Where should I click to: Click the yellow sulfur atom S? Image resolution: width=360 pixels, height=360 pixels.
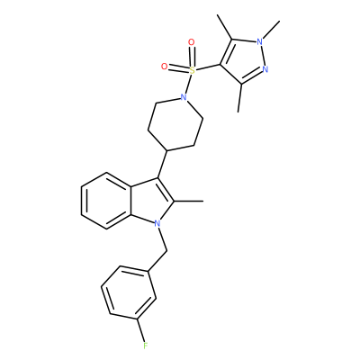coord(193,70)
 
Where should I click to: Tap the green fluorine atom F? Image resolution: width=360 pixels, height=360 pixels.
coord(146,346)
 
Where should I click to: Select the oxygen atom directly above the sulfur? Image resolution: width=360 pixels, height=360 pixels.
coord(191,42)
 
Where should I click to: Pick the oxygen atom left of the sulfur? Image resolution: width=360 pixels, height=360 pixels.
coord(164,67)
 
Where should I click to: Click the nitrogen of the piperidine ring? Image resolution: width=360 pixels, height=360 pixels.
coord(184,97)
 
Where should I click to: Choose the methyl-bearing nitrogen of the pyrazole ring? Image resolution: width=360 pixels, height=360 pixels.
coord(260,41)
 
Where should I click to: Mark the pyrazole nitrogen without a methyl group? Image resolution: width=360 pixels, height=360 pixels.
coord(265,69)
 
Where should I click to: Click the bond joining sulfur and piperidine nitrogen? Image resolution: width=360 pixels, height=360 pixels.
coord(188,84)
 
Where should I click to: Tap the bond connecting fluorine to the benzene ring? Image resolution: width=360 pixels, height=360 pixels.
coord(142,330)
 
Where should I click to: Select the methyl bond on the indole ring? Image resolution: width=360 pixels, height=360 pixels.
coord(188,202)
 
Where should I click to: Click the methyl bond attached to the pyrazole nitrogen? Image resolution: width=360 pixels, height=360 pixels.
coord(271,30)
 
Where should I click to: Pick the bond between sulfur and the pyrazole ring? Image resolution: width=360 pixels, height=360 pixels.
coord(208,67)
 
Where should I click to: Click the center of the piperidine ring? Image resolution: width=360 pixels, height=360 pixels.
coord(175,124)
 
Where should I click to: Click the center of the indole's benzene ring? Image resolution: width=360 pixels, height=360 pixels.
coord(107,202)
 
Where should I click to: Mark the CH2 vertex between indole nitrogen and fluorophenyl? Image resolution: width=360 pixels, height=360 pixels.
coord(166,250)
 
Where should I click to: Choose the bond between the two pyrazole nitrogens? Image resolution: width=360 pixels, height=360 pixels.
coord(263,56)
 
